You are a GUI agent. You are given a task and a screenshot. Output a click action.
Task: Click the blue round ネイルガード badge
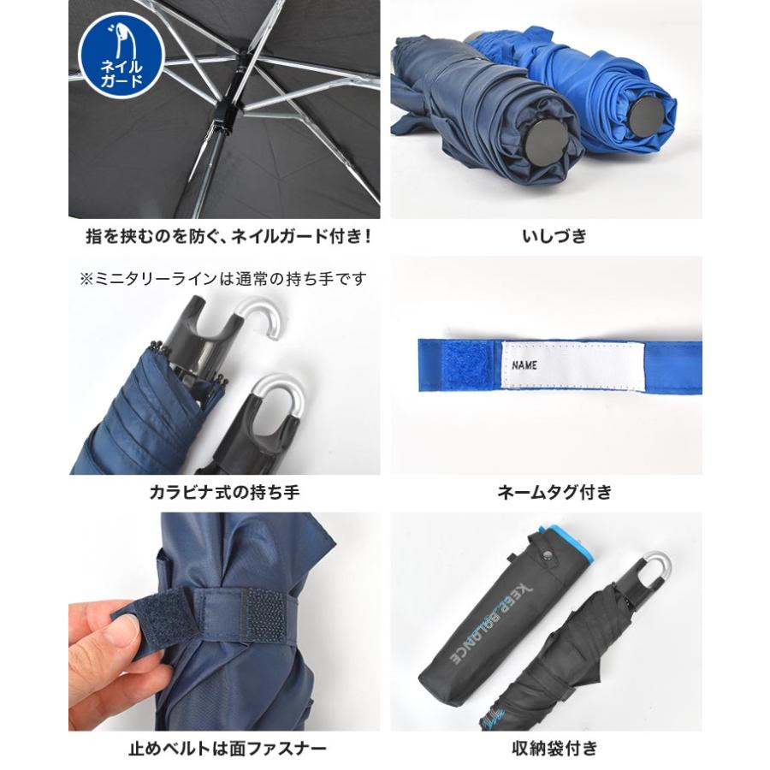(121, 55)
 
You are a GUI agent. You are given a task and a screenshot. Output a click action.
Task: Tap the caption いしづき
(554, 237)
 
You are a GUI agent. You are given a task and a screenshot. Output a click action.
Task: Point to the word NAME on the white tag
(524, 365)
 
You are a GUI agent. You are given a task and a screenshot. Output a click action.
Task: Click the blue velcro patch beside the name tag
(471, 365)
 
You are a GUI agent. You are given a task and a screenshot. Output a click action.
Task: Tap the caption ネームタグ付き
(555, 492)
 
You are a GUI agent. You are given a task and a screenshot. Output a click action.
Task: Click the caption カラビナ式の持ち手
(224, 492)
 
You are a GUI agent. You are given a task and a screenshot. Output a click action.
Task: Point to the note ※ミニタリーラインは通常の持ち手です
(223, 280)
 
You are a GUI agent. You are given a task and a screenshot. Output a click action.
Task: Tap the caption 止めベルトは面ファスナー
(228, 749)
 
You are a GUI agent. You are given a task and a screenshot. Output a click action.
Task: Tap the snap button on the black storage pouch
(547, 554)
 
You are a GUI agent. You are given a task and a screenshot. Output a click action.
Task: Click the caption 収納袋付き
(554, 749)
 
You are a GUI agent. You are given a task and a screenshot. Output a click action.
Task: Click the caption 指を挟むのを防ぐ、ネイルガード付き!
(228, 237)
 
